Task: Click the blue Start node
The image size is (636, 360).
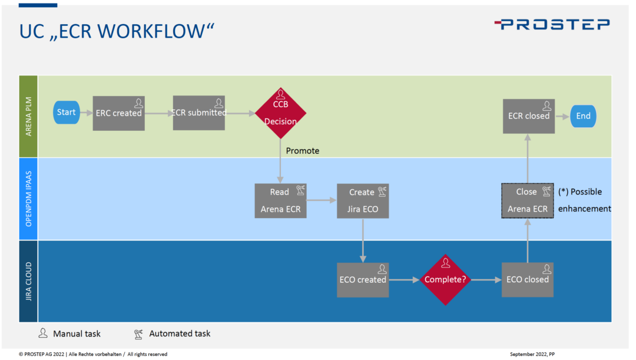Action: coord(67,113)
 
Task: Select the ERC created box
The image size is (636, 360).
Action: coord(118,113)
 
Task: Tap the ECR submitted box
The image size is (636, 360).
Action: coord(198,113)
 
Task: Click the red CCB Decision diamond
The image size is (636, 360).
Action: coord(280,113)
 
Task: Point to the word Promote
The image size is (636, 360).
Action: coord(302,151)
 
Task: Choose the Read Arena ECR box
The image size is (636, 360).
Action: coord(280,201)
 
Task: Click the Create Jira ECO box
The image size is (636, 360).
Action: coord(363,201)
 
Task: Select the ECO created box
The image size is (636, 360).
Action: coord(363,280)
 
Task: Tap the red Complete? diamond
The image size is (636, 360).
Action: coord(445,280)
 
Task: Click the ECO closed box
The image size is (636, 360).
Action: coord(527,280)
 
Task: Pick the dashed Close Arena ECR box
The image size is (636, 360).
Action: coord(527,201)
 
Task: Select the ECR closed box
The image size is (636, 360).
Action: coord(528,116)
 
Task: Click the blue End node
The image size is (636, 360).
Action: coord(583,116)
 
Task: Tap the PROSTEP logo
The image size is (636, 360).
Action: coord(552,24)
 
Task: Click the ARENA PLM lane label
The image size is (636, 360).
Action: coord(28,116)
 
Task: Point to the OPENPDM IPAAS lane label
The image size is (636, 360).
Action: coord(28,199)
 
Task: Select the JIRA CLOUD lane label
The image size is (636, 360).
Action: coord(28,280)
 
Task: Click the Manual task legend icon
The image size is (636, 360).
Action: coord(43,333)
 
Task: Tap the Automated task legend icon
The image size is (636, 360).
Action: coord(138,334)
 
